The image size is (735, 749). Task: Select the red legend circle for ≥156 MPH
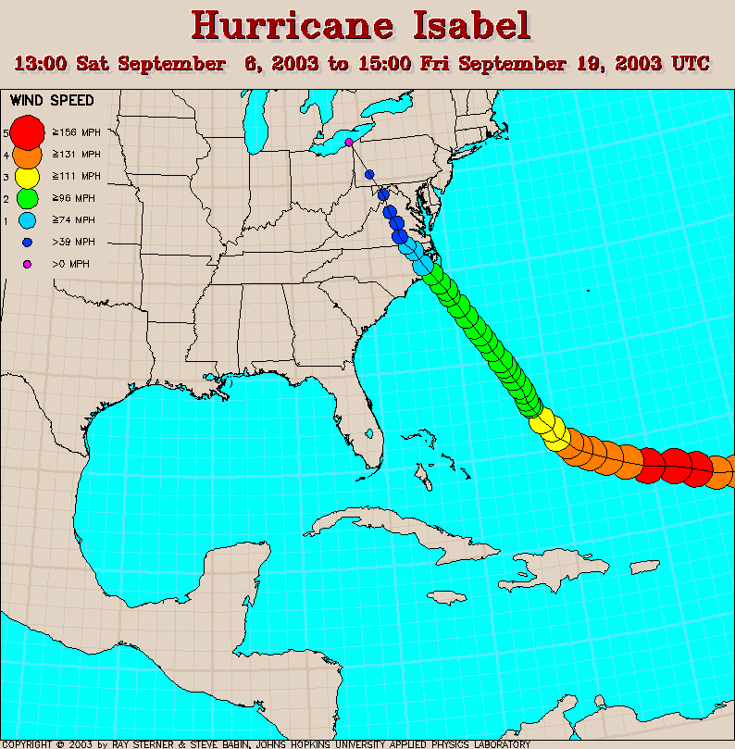[28, 131]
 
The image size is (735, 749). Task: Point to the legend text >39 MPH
[74, 243]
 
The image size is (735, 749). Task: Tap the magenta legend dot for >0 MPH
[28, 265]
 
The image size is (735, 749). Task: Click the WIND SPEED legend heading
[52, 100]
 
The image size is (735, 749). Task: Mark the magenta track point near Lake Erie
[349, 143]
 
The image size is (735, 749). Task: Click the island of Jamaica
[446, 597]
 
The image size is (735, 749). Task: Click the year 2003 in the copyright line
[81, 743]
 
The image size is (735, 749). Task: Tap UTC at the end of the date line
[691, 64]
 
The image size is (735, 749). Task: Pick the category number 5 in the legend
[6, 132]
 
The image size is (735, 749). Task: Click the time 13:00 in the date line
[43, 64]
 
